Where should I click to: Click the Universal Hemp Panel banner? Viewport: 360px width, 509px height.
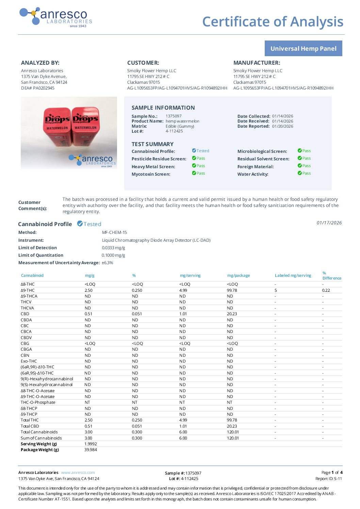click(303, 48)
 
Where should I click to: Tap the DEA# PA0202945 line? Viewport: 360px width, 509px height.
click(38, 88)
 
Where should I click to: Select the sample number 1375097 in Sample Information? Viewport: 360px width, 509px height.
click(174, 116)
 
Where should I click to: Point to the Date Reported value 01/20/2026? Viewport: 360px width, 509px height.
click(282, 126)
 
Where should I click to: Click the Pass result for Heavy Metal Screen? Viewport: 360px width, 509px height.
click(199, 166)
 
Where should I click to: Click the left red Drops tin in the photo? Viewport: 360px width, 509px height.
click(58, 126)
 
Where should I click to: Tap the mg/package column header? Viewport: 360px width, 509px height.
click(239, 275)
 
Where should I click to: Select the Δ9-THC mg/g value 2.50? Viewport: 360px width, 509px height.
click(88, 290)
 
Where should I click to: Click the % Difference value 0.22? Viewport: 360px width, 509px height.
click(326, 290)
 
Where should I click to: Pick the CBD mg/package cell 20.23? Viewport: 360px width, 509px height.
click(232, 314)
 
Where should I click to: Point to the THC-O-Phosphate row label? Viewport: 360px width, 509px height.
click(38, 402)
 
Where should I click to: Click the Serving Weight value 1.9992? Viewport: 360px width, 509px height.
click(91, 444)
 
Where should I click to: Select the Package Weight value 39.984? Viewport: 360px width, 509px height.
click(91, 450)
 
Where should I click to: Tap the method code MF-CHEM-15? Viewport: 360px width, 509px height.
click(114, 233)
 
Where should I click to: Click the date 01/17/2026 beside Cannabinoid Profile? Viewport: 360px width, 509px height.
click(329, 223)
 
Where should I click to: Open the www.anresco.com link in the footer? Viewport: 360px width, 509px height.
click(78, 473)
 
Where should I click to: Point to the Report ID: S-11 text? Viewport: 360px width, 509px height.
click(328, 479)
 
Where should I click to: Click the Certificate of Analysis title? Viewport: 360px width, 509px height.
click(273, 21)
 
